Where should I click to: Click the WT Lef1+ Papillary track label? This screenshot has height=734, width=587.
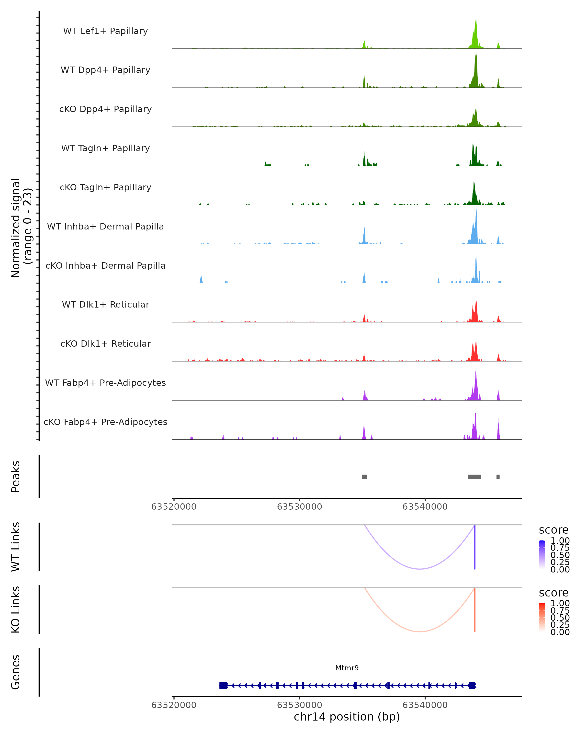pyautogui.click(x=105, y=31)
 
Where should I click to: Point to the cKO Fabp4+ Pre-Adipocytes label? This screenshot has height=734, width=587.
pyautogui.click(x=105, y=422)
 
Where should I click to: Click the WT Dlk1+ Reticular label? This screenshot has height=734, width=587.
pyautogui.click(x=105, y=304)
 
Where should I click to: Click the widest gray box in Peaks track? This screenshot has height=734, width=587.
pyautogui.click(x=475, y=477)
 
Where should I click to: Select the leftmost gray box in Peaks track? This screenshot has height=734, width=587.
pyautogui.click(x=364, y=477)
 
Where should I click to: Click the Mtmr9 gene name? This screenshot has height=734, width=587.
pyautogui.click(x=347, y=668)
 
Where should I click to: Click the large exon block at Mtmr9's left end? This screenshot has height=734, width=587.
pyautogui.click(x=223, y=685)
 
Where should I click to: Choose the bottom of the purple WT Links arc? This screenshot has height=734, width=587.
pyautogui.click(x=420, y=569)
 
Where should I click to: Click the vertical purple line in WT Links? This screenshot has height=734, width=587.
pyautogui.click(x=475, y=548)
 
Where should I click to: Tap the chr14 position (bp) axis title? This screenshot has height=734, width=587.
pyautogui.click(x=347, y=717)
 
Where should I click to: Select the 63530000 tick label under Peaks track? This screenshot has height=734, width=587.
pyautogui.click(x=299, y=507)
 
